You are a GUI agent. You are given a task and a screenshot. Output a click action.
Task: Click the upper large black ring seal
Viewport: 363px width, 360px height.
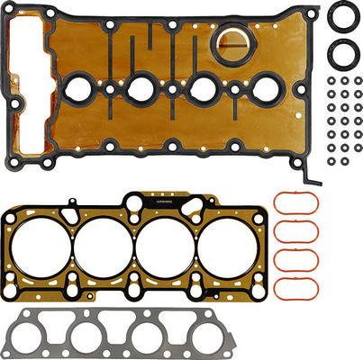click(342, 16)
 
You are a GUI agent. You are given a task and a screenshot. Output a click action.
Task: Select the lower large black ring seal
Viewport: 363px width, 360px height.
click(342, 53)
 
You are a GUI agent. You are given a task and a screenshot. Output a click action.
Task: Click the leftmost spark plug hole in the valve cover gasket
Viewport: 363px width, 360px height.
click(78, 88)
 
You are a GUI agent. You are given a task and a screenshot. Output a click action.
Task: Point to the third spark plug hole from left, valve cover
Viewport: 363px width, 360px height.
click(203, 88)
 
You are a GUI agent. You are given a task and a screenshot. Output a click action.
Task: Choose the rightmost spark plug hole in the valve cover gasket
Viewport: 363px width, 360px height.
click(266, 88)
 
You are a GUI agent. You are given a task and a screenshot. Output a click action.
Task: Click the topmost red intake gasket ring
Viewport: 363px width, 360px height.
click(295, 202)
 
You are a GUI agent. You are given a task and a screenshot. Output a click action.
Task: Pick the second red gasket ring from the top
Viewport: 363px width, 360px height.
click(295, 231)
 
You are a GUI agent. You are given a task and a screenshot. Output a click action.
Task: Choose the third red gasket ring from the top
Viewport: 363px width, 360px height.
click(295, 260)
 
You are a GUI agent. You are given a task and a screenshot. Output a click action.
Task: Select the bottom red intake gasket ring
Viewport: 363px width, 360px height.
click(295, 288)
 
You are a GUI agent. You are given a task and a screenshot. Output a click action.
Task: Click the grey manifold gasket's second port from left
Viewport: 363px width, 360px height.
click(86, 337)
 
